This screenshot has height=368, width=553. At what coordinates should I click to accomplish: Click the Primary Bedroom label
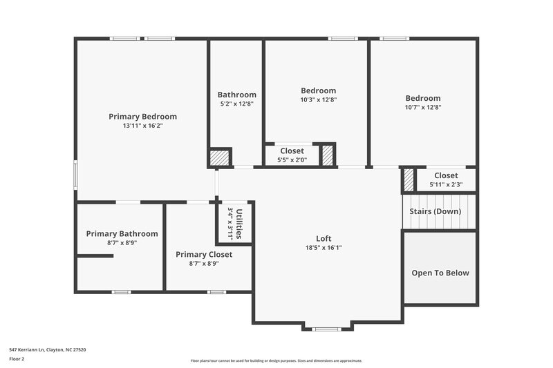click(142, 117)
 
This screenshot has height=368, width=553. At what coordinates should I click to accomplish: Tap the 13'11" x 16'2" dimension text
click(142, 126)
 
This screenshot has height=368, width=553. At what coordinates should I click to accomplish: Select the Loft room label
click(324, 239)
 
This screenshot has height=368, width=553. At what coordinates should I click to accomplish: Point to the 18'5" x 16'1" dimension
click(324, 248)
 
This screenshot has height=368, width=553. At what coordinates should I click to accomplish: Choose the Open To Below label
click(440, 273)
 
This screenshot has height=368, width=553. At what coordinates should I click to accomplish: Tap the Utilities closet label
click(239, 224)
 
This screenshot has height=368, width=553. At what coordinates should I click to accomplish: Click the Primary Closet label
click(204, 254)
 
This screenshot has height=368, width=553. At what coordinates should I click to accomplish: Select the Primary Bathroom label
click(122, 233)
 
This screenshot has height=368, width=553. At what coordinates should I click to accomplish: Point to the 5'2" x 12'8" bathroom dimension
click(236, 104)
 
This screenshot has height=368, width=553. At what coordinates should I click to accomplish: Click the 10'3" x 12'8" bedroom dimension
click(318, 99)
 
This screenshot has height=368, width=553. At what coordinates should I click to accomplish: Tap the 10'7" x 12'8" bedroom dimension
click(422, 107)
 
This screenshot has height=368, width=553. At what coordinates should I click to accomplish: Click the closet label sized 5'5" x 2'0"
click(292, 151)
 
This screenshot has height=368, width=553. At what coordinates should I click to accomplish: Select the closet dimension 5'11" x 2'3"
click(446, 184)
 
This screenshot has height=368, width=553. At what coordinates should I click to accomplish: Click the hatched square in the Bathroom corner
click(220, 157)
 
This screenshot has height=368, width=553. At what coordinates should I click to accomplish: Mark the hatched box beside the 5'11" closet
click(409, 180)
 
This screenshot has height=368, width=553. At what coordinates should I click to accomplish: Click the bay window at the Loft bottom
click(327, 329)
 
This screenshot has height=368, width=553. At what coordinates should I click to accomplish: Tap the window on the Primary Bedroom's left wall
click(76, 173)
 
